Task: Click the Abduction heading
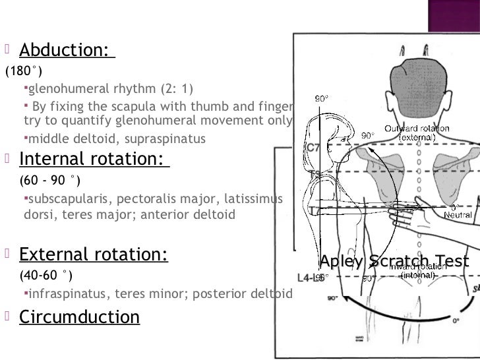point(66,49)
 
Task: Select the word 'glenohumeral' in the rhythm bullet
point(63,89)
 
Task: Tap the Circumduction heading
point(79,317)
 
